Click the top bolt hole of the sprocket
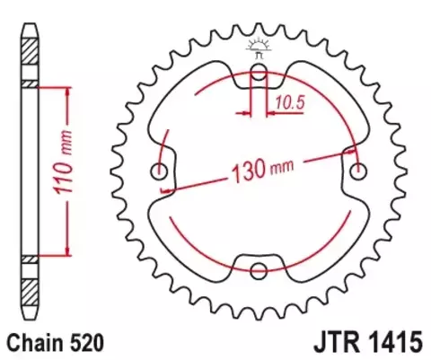259,75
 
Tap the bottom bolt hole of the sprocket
259,270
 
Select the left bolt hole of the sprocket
162,172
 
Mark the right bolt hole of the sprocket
359,172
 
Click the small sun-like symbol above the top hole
259,45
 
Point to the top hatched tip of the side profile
30,41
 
